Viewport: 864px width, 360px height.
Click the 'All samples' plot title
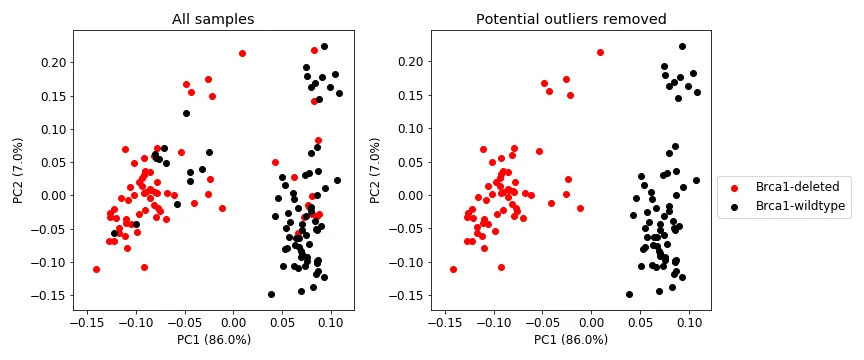click(x=212, y=19)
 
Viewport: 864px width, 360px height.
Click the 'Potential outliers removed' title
click(x=570, y=19)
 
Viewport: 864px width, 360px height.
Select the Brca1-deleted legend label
click(x=797, y=187)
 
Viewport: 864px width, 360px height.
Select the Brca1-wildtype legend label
click(x=800, y=206)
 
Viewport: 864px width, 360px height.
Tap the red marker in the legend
click(x=735, y=187)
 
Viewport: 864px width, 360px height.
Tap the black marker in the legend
click(x=735, y=206)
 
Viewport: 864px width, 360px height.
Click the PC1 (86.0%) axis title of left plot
click(x=212, y=340)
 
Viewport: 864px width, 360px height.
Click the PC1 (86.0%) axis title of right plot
click(x=570, y=340)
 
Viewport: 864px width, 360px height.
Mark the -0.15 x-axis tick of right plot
click(x=445, y=321)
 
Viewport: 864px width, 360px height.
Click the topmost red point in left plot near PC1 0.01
click(x=242, y=53)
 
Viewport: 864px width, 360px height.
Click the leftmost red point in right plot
click(x=453, y=269)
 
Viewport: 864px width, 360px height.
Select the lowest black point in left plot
click(x=271, y=294)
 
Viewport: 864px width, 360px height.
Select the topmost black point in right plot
click(x=682, y=46)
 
